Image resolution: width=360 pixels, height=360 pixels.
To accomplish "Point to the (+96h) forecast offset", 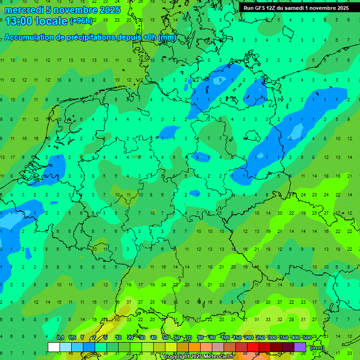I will pos(82,21).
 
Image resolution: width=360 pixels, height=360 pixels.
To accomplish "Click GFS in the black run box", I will pos(260,8).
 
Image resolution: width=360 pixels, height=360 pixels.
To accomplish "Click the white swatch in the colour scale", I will pos(54,347).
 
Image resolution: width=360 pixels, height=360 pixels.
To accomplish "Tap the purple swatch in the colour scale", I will pos(300,347).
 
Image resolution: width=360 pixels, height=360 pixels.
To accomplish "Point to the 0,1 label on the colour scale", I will pos(60,338).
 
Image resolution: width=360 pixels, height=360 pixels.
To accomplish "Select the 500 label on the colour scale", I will pos(307,338).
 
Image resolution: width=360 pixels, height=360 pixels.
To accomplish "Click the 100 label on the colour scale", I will pos(225,338).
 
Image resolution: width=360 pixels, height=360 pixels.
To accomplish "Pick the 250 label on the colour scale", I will pos(260,338).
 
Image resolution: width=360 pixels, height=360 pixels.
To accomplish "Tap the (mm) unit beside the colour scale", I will pos(317,348).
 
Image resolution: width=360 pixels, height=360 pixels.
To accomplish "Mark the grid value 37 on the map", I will pos(128,302).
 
